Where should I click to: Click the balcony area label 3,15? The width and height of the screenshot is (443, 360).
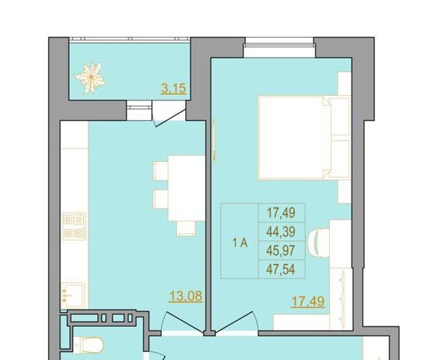[173, 88]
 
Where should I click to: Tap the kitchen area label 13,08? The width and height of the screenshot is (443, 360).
[186, 296]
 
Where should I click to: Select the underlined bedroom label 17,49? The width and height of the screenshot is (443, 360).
[307, 301]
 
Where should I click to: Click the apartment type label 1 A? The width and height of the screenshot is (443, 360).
[240, 243]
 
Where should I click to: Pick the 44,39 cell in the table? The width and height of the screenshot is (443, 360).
[281, 232]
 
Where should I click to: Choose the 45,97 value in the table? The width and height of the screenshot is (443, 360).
[281, 250]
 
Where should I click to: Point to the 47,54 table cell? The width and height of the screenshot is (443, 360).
[281, 269]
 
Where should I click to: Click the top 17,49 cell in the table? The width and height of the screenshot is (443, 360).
[281, 212]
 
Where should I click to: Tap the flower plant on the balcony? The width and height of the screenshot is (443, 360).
[91, 77]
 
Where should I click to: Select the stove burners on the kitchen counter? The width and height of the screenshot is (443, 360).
[74, 226]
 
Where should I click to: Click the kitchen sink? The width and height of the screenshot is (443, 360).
[73, 295]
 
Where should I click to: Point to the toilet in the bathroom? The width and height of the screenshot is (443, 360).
[88, 345]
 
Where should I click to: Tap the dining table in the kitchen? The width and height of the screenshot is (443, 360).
[187, 188]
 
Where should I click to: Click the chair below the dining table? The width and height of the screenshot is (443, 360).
[186, 229]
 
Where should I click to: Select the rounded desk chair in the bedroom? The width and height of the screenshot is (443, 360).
[319, 243]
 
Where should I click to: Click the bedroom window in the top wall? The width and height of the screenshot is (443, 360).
[280, 43]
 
